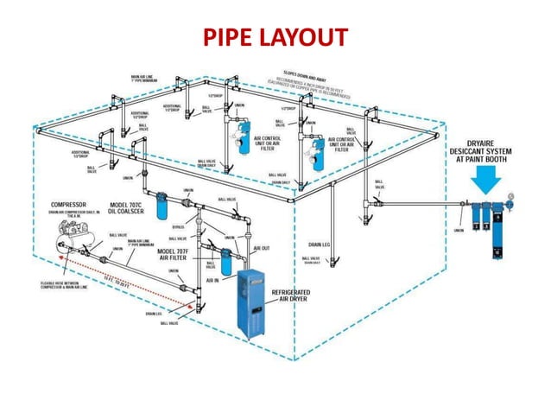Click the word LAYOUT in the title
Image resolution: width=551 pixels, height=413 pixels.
[305, 38]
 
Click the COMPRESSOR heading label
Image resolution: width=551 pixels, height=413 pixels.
[70, 205]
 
